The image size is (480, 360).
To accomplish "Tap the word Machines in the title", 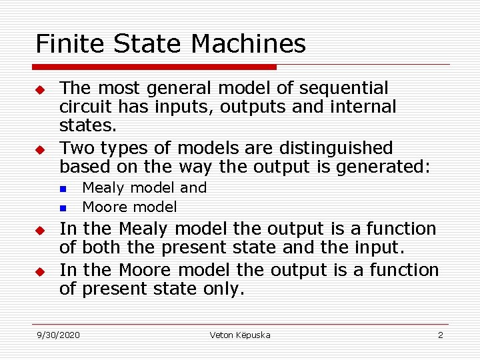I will tap(248, 44).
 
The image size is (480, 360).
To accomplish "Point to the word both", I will tap(102, 248).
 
